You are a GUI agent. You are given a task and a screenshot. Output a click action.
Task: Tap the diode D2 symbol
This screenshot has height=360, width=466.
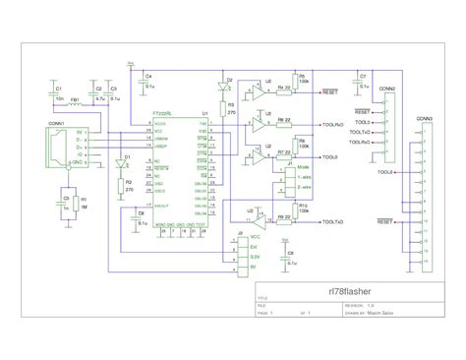point(229,88)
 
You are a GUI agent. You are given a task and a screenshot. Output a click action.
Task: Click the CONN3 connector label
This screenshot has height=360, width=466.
point(424,120)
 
